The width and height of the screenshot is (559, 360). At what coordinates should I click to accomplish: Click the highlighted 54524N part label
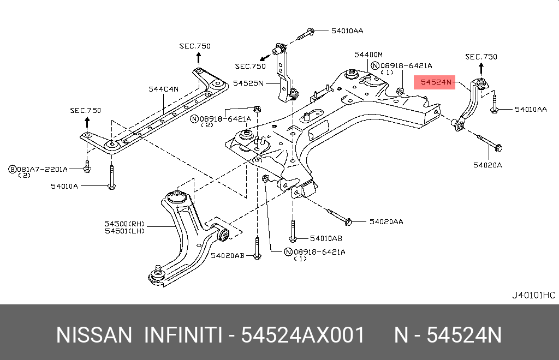[x=435, y=82]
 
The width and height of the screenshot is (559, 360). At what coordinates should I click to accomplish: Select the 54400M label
[x=368, y=55]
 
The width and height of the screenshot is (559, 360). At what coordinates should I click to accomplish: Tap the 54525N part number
[x=248, y=83]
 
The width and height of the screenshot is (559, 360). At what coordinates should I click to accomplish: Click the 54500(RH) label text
[x=126, y=223]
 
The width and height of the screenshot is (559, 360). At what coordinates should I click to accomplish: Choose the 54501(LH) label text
[x=126, y=231]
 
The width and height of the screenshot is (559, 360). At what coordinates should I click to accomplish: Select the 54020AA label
[x=386, y=221]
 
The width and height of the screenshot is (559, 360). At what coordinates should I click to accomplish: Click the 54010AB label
[x=326, y=238]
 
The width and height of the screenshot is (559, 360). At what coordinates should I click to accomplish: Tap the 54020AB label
[x=228, y=255]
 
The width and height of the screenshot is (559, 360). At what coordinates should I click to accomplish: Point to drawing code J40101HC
[x=533, y=295]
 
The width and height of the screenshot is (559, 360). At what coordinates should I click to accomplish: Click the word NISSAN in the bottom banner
[x=94, y=335]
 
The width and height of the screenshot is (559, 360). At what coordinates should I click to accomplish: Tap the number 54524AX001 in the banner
[x=302, y=335]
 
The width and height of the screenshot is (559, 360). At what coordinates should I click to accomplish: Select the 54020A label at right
[x=487, y=164]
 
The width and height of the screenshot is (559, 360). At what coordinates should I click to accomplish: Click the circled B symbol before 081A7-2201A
[x=11, y=169]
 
